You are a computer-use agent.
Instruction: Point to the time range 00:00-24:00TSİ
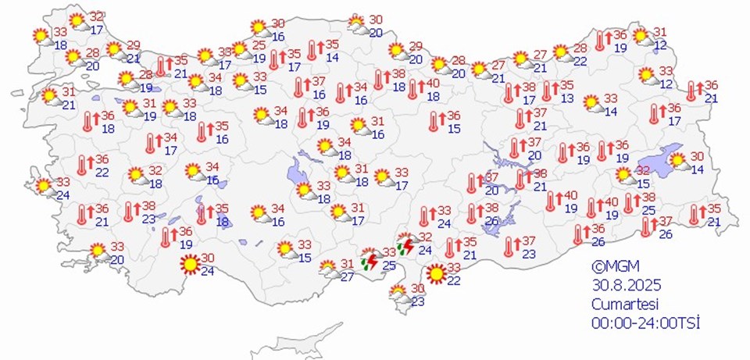(645, 321)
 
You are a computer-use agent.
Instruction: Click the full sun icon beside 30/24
(188, 265)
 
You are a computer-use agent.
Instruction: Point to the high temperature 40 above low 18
(434, 84)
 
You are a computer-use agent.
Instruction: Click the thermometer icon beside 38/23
(129, 211)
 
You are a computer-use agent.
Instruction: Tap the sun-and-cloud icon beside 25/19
(241, 52)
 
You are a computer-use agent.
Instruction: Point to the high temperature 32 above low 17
(97, 16)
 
